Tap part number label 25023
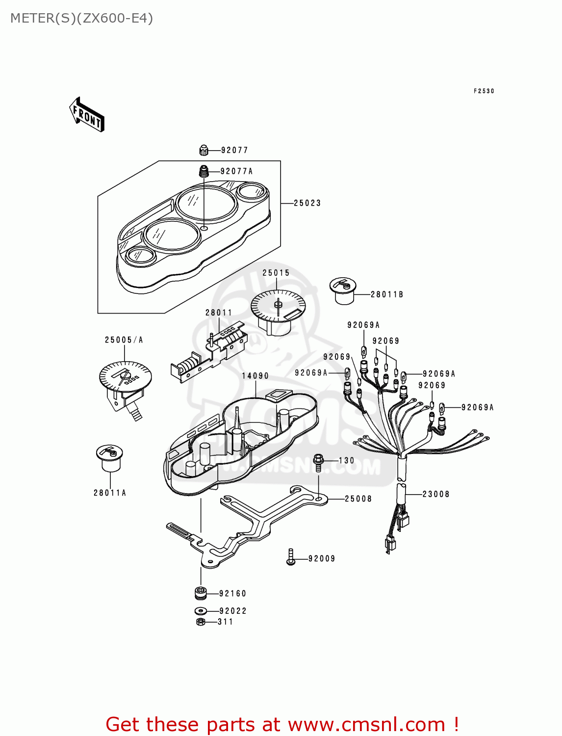(307, 203)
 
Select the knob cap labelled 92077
(204, 150)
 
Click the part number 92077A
(236, 171)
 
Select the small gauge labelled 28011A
(109, 457)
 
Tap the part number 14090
(255, 376)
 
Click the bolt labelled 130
(318, 461)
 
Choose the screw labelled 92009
(290, 558)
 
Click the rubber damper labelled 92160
(201, 593)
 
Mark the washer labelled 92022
(200, 611)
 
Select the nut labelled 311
(200, 622)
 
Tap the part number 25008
(358, 499)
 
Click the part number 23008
(436, 494)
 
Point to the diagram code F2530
(484, 91)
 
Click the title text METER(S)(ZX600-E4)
(81, 18)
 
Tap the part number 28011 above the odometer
(218, 313)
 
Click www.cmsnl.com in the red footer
(366, 724)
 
